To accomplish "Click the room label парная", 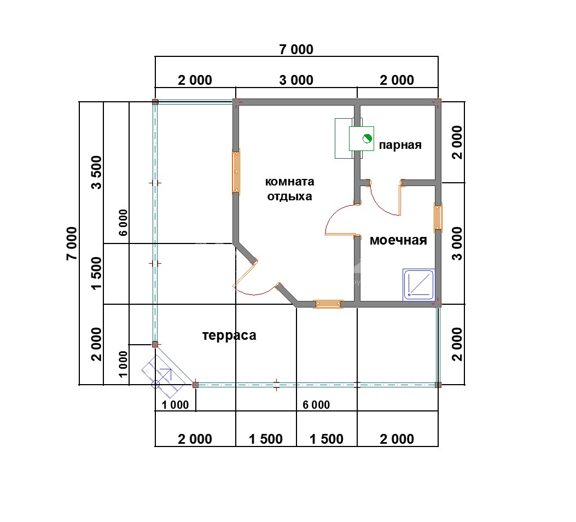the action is tap(400, 145).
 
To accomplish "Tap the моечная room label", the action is tap(398, 240).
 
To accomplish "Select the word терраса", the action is tap(229, 336).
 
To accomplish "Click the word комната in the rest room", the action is tap(289, 182).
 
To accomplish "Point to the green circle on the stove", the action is tap(366, 138).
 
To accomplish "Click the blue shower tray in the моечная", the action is tap(419, 285).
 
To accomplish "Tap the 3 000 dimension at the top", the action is tap(296, 80).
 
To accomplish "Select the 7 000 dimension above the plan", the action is tap(296, 50).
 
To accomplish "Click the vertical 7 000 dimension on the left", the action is tap(72, 243).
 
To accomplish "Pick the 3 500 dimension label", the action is tap(97, 172).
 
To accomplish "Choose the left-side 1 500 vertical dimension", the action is tap(97, 273).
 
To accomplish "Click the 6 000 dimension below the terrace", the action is tap(316, 405).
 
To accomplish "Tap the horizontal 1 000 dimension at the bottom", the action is tap(175, 405).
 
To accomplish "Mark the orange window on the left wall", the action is tap(236, 171).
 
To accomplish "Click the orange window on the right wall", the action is tap(438, 217).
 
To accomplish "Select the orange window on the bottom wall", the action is tap(328, 304).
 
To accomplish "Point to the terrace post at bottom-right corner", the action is tap(438, 385).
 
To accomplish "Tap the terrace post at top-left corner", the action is tap(155, 102).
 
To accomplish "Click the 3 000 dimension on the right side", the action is tap(457, 243).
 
